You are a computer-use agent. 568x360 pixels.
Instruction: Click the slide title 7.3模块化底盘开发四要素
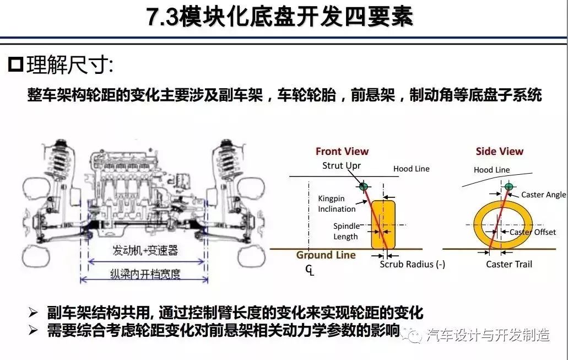[279, 17]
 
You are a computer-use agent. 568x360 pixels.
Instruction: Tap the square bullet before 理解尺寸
[15, 65]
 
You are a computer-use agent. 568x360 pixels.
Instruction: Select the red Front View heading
[342, 151]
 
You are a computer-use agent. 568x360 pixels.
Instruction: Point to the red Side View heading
[499, 151]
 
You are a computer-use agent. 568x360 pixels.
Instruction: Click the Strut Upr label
[342, 166]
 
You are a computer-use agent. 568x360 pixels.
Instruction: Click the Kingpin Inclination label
[337, 204]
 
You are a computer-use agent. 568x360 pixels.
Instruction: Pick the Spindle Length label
[346, 232]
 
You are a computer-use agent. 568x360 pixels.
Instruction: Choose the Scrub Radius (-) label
[412, 264]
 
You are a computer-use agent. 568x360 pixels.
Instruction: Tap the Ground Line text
[326, 255]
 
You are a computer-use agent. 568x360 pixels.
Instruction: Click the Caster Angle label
[543, 195]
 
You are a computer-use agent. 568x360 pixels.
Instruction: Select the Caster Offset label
[533, 232]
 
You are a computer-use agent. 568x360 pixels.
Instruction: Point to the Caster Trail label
[509, 264]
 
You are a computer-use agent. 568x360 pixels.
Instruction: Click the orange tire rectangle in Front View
[383, 225]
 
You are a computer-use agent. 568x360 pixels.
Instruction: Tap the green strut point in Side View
[509, 187]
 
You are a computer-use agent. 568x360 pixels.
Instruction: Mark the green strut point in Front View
[363, 187]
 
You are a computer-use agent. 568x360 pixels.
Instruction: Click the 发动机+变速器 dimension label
[145, 250]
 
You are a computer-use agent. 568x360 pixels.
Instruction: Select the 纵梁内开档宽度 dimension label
[145, 273]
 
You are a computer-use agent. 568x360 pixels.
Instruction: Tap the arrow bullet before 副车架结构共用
[33, 313]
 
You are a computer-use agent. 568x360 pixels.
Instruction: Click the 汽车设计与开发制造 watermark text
[488, 335]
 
